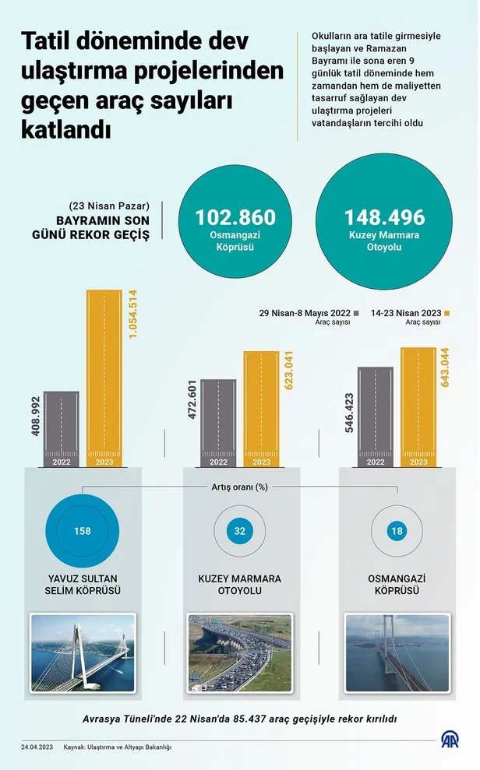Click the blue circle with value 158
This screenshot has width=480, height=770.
point(83,532)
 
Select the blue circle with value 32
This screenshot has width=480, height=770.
point(239,532)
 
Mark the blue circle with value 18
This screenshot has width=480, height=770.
point(397,532)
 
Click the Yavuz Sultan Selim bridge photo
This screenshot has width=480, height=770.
point(82,652)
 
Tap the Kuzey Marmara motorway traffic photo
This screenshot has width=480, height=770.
point(239,652)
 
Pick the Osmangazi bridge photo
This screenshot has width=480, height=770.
point(397,652)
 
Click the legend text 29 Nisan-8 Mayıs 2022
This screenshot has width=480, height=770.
point(305,313)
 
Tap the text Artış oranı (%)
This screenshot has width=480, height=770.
point(240,487)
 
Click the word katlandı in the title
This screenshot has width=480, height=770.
point(66,128)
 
